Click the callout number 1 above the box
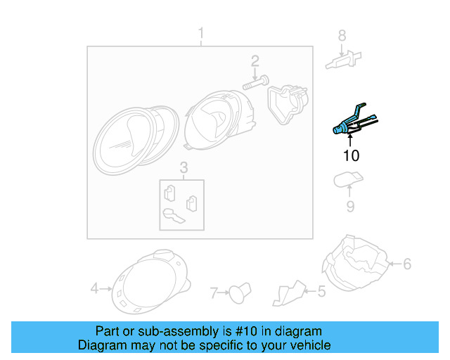coord(201,33)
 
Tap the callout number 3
coord(183,167)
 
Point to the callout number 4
coord(94,288)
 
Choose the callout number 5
coord(321,290)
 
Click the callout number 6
coord(406,264)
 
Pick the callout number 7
coord(215,290)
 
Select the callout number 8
coord(342,35)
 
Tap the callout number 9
coord(349,206)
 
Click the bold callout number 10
coord(351,155)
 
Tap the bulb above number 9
coord(347,180)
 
